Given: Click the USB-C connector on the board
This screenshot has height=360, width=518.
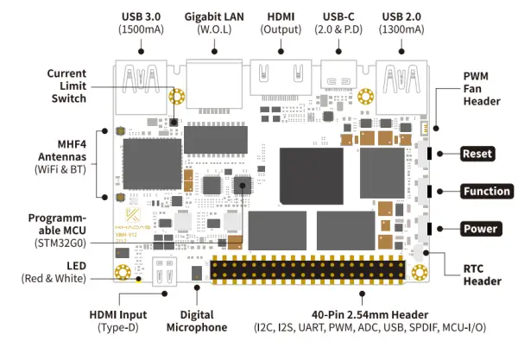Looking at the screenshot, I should (338, 78).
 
